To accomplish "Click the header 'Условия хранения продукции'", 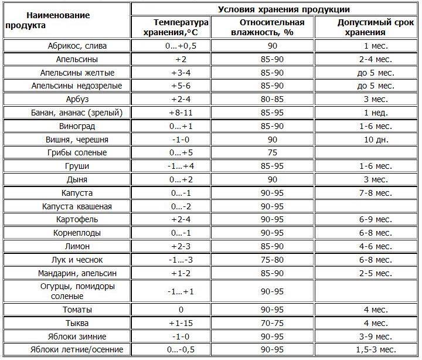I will click(275, 9).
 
